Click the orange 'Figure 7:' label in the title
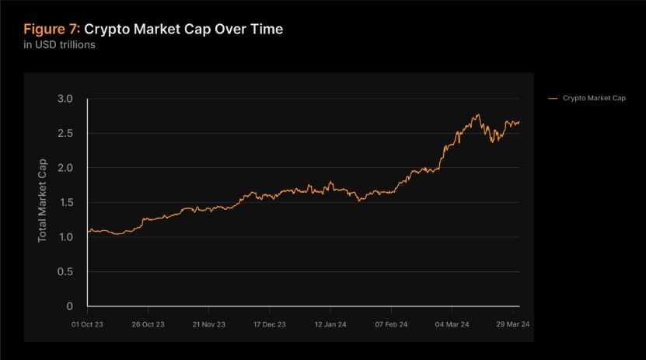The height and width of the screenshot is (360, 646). (51, 30)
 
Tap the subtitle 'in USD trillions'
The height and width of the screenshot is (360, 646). (59, 45)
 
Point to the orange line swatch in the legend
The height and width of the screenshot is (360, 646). (553, 98)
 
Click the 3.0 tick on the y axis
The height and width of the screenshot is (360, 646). (65, 99)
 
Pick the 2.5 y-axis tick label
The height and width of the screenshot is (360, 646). (65, 134)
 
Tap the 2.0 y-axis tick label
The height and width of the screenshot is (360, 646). (65, 168)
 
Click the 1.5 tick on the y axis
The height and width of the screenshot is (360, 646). (65, 202)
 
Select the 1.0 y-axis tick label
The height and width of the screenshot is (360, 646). (65, 237)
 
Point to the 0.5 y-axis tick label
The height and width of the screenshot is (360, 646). (65, 271)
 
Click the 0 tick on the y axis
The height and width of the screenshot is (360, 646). (70, 306)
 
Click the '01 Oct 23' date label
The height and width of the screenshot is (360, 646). (87, 323)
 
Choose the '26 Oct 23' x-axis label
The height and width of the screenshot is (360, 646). (148, 323)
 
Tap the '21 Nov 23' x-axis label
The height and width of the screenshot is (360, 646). (208, 323)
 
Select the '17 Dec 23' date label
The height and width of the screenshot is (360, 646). (269, 323)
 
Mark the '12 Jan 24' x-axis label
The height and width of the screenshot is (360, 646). (330, 323)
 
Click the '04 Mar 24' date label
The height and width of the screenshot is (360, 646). (452, 323)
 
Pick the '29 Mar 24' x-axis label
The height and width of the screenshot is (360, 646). (513, 323)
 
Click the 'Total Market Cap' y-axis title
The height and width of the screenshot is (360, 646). (43, 201)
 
